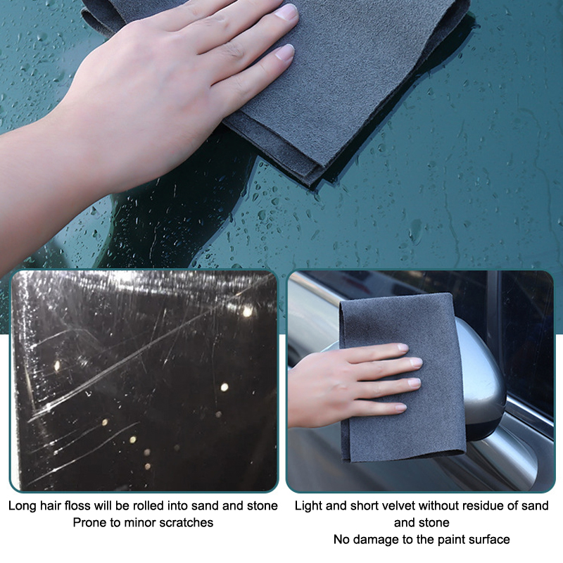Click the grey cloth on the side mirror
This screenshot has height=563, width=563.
coord(402,377)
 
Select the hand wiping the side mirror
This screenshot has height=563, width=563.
coord(354,386)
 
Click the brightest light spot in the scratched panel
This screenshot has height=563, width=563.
coord(248,312)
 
